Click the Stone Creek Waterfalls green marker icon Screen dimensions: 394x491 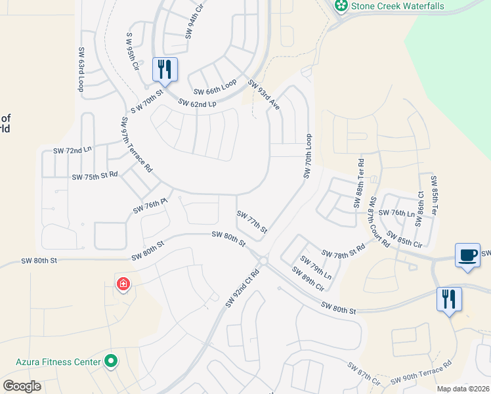pos(341,7)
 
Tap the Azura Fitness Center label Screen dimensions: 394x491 pos(58,361)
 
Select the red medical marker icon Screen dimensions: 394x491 pos(123,284)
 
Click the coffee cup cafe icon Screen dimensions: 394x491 pos(467,255)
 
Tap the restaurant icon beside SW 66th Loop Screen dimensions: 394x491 pos(165,68)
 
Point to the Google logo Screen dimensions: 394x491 pos(22,385)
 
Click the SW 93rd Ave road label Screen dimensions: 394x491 pos(264,95)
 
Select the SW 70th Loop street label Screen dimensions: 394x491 pos(307,156)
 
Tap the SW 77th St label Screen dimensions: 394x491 pos(252,222)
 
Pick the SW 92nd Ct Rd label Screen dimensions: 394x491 pos(242,286)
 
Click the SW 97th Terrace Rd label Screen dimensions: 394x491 pos(136,145)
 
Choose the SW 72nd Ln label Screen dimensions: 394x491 pos(73,150)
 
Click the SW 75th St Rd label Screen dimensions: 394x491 pos(95,176)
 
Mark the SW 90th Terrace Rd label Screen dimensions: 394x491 pos(421,373)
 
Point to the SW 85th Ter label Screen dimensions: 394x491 pos(433,195)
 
